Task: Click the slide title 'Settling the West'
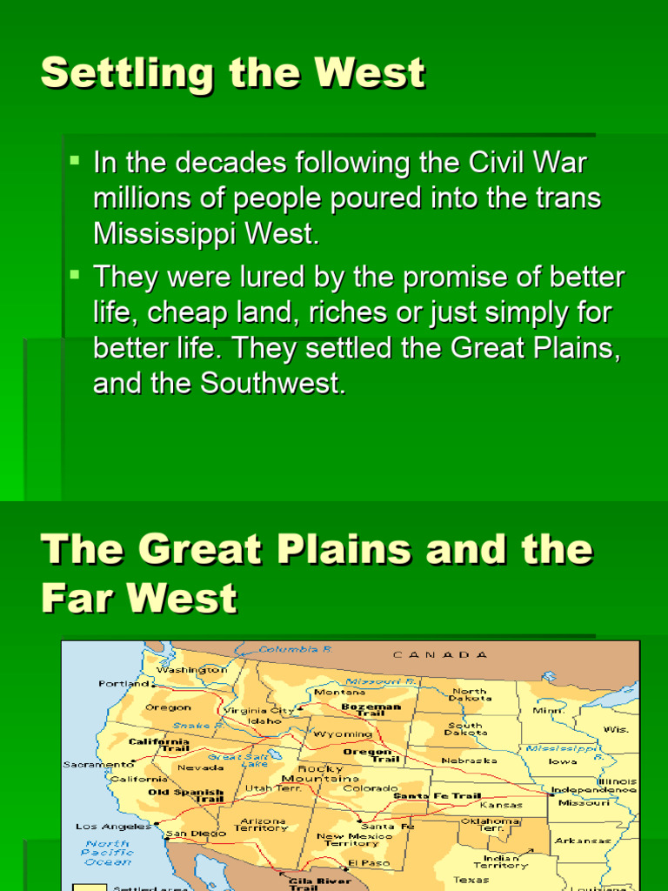[232, 73]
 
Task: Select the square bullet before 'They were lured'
[75, 275]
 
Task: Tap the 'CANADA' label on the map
[440, 654]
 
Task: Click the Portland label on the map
[124, 684]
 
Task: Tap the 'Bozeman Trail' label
[371, 710]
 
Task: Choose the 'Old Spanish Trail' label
[185, 797]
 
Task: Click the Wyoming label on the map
[343, 734]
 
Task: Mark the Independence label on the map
[594, 790]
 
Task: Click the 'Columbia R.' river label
[296, 649]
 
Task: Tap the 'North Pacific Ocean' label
[108, 852]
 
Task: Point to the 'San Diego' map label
[190, 834]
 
